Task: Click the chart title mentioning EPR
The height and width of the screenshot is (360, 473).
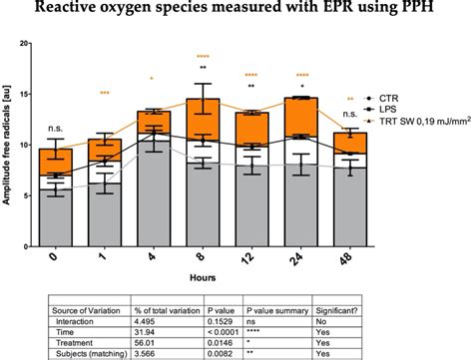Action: pos(236,10)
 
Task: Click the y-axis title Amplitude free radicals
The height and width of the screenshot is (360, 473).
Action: pos(9,145)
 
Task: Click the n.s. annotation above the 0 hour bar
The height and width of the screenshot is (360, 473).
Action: pos(62,129)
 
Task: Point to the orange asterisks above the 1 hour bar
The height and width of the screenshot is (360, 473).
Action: pos(105,93)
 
